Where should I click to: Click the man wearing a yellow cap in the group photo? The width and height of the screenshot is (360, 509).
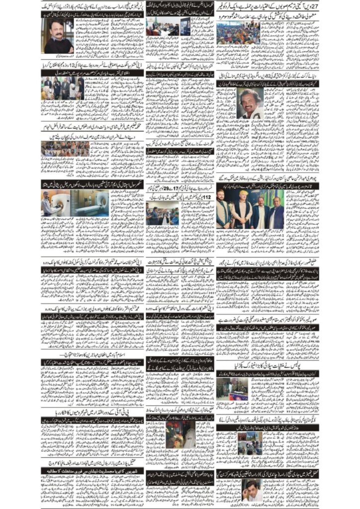coord(242,208)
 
